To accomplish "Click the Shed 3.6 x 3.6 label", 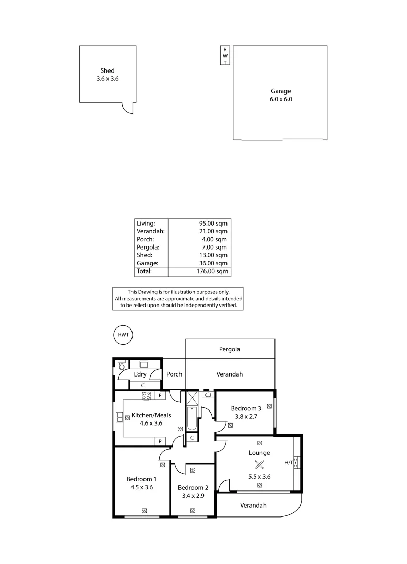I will tap(107, 75).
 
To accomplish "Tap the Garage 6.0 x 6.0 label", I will tap(280, 95).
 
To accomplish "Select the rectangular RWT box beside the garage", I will tap(225, 55).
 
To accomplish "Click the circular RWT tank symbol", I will tap(123, 335).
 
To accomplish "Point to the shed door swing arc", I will tap(127, 108).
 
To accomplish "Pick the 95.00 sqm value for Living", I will tap(213, 222).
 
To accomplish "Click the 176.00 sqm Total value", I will tap(212, 272).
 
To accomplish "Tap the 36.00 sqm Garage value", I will tap(213, 264).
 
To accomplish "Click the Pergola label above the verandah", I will tap(230, 349).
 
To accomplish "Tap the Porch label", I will tap(174, 374).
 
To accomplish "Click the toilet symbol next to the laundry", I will tap(121, 366).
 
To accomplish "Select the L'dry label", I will tap(140, 374).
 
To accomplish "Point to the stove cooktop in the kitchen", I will tap(147, 395).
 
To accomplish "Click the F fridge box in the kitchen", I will tap(160, 396).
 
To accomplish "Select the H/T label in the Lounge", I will tap(289, 463).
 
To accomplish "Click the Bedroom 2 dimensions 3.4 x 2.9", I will tap(193, 495).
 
